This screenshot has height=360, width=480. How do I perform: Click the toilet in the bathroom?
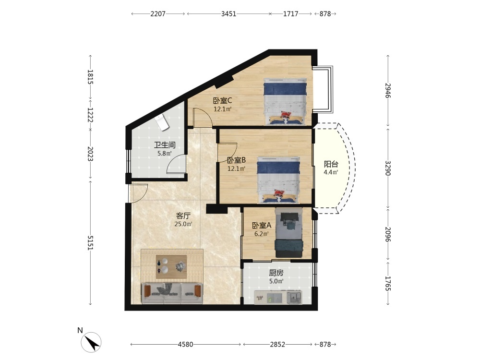[162, 122]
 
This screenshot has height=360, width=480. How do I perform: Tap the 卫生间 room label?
[165, 145]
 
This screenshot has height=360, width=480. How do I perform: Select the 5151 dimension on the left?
[90, 243]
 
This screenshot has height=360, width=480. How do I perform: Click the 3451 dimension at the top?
[228, 14]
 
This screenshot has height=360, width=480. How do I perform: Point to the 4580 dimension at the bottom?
[185, 344]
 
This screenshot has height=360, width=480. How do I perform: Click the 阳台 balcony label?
[331, 164]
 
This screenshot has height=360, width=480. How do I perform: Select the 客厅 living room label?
[183, 216]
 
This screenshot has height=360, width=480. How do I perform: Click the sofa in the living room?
[172, 293]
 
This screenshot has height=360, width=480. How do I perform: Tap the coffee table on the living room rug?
[171, 266]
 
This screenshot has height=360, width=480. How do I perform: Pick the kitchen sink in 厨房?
[294, 297]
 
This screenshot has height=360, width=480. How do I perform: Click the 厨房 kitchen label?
[276, 273]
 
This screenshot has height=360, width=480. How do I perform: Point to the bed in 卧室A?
[289, 233]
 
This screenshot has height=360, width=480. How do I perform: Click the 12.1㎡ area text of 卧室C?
[223, 109]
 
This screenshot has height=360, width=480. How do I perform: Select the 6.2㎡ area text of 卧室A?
[262, 234]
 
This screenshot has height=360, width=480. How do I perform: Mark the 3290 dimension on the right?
[388, 168]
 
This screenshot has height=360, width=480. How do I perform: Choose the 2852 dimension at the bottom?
[277, 344]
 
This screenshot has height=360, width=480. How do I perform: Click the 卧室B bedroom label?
[236, 160]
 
